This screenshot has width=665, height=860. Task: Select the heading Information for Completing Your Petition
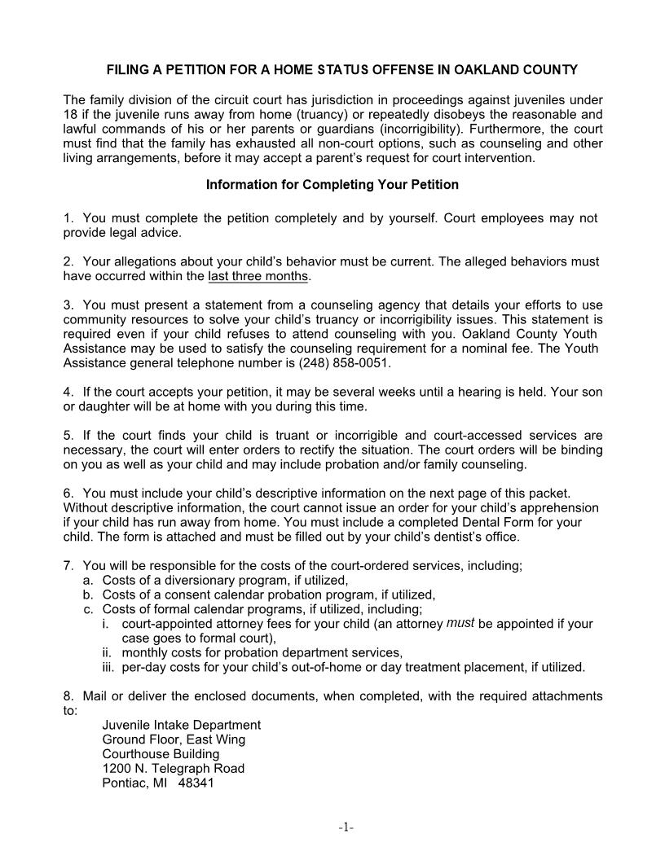coord(332,185)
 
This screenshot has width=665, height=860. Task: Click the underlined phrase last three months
coord(258,276)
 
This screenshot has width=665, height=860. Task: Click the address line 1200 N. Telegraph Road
coord(173,769)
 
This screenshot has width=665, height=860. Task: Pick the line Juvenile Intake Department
coord(181,725)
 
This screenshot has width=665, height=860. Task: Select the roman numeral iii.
coord(109,668)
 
